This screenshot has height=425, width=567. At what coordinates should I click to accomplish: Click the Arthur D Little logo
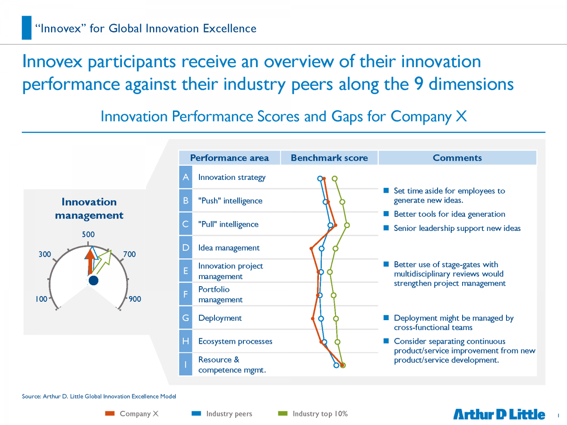(499, 414)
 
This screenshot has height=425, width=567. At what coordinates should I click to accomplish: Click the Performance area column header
(229, 158)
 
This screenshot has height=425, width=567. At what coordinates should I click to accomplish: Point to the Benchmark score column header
(329, 158)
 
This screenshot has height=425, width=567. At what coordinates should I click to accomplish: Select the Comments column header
(457, 158)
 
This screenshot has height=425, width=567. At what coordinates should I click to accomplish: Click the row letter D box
(186, 247)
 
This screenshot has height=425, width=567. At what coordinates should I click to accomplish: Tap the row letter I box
(186, 365)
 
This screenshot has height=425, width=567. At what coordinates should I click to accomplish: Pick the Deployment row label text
(220, 318)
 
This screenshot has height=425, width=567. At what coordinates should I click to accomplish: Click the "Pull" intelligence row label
(228, 224)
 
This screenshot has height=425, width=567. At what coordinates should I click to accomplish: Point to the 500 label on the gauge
(88, 235)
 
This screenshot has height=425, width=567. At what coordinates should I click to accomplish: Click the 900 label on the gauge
(135, 299)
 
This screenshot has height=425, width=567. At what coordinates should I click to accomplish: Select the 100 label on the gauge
(41, 299)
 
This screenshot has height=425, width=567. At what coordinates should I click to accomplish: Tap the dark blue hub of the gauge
(93, 280)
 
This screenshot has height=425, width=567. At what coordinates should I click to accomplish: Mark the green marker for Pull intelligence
(347, 225)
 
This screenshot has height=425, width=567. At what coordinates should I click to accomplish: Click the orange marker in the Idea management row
(311, 248)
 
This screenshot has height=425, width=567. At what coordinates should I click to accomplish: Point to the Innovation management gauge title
(89, 209)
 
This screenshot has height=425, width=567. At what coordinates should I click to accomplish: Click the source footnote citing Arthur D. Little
(99, 396)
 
